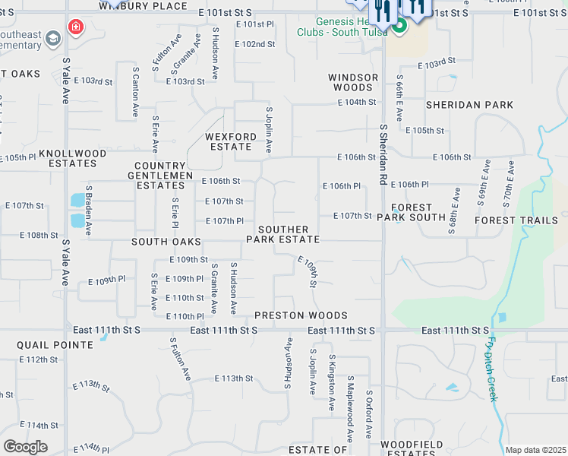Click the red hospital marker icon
point(75,28)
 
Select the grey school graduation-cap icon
point(52,38)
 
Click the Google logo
point(25,446)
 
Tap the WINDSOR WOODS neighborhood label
point(353,82)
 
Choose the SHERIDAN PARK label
point(469,105)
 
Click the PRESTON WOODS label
point(301,315)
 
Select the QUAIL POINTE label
point(55,344)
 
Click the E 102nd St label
point(254,44)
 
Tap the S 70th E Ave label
point(510,179)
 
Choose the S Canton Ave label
point(135,95)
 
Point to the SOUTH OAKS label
point(166,242)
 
